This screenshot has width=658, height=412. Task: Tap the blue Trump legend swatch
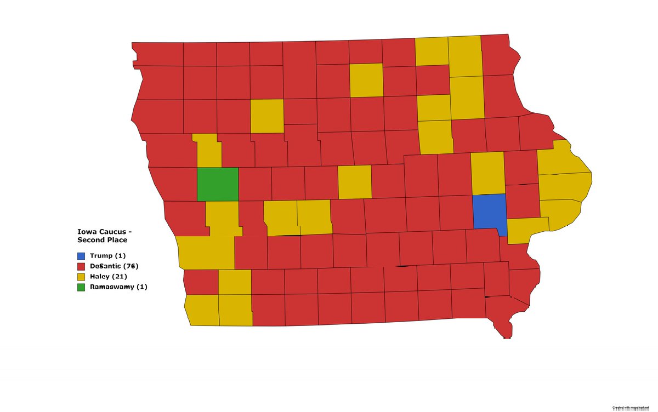coord(81,256)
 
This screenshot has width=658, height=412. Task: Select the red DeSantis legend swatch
coord(81,266)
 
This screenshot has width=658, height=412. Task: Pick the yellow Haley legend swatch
coord(81,277)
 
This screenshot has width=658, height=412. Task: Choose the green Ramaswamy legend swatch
coord(81,287)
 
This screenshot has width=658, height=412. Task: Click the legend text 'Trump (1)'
coord(108,256)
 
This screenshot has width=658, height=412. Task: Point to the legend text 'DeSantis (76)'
coord(115,266)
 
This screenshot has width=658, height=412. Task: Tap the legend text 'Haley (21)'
coord(108,277)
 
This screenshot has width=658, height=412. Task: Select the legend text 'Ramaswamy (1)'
coord(118,287)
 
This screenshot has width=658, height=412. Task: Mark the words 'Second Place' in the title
coord(102,240)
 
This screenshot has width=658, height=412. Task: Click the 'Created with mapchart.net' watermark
coord(634,408)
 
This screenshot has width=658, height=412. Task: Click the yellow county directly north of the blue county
coord(487,174)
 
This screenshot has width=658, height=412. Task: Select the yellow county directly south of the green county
coord(222,218)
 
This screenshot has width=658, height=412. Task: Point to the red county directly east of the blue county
coord(523,201)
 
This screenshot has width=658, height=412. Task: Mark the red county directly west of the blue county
coord(456,212)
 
